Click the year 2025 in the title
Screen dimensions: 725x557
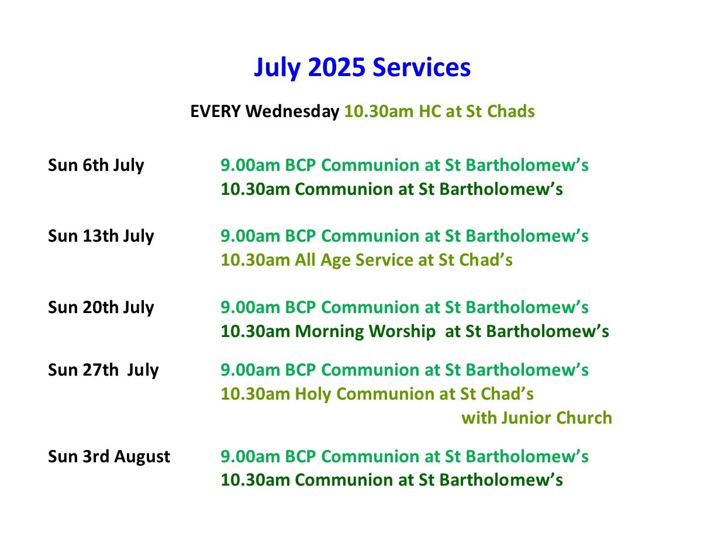pyautogui.click(x=337, y=67)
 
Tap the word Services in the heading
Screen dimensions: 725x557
pyautogui.click(x=422, y=67)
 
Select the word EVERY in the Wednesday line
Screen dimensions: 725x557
pyautogui.click(x=216, y=111)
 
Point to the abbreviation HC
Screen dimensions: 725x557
pyautogui.click(x=430, y=111)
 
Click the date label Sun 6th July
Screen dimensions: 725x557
pyautogui.click(x=96, y=166)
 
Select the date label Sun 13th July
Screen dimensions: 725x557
pyautogui.click(x=101, y=236)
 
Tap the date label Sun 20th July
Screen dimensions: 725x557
pyautogui.click(x=101, y=308)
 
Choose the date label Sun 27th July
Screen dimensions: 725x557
pyautogui.click(x=103, y=370)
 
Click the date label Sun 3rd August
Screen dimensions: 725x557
pyautogui.click(x=109, y=456)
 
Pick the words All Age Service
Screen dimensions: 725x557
pyautogui.click(x=354, y=260)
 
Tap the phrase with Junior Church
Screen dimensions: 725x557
pyautogui.click(x=537, y=418)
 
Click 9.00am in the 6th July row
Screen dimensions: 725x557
pyautogui.click(x=250, y=166)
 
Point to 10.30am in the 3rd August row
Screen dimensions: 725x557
pyautogui.click(x=256, y=480)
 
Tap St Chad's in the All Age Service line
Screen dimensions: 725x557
pyautogui.click(x=475, y=260)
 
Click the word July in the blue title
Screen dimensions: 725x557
pyautogui.click(x=277, y=68)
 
